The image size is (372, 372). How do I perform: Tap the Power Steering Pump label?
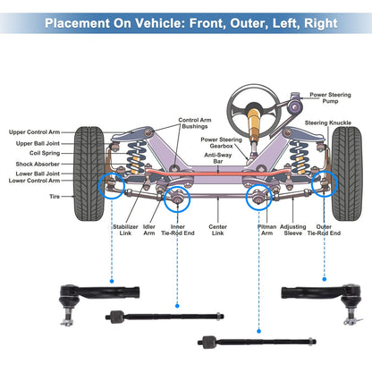pyautogui.click(x=330, y=97)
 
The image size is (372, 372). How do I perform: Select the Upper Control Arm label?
pyautogui.click(x=34, y=132)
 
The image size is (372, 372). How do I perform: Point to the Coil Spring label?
pyautogui.click(x=45, y=153)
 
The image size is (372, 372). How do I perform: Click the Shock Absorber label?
pyautogui.click(x=38, y=164)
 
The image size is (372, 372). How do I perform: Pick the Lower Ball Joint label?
pyautogui.click(x=38, y=173)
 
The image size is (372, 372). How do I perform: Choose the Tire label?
pyautogui.click(x=55, y=197)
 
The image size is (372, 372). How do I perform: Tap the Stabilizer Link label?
pyautogui.click(x=125, y=230)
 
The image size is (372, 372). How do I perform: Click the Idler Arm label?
pyautogui.click(x=149, y=230)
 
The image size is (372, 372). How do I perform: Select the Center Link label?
pyautogui.click(x=217, y=230)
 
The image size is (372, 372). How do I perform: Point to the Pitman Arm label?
pyautogui.click(x=266, y=230)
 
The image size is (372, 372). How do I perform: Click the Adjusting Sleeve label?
pyautogui.click(x=293, y=230)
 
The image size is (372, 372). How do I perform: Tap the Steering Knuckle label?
pyautogui.click(x=328, y=123)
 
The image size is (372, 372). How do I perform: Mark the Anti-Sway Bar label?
pyautogui.click(x=218, y=158)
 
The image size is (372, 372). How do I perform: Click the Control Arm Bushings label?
pyautogui.click(x=195, y=123)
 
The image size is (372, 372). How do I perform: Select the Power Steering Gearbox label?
pyautogui.click(x=221, y=143)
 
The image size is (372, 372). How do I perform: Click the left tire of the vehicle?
pyautogui.click(x=89, y=173)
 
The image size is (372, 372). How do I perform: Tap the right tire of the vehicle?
pyautogui.click(x=347, y=173)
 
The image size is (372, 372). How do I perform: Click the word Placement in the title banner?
pyautogui.click(x=77, y=23)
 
